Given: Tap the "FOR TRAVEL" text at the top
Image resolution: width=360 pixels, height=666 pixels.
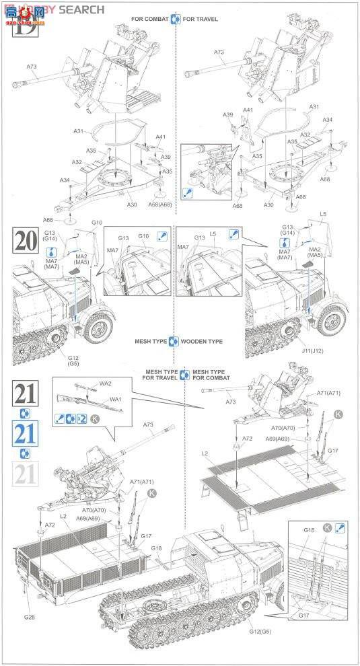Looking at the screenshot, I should click(x=201, y=19).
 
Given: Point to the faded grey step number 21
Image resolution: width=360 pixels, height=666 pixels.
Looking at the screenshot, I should click(x=25, y=474).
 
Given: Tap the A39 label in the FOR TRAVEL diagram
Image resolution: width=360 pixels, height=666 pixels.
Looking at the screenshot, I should click(x=228, y=114).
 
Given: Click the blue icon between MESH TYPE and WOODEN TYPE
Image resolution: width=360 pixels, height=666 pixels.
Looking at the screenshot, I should click(x=174, y=341).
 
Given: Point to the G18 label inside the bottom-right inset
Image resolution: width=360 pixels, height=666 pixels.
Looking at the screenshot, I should click(x=309, y=531).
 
